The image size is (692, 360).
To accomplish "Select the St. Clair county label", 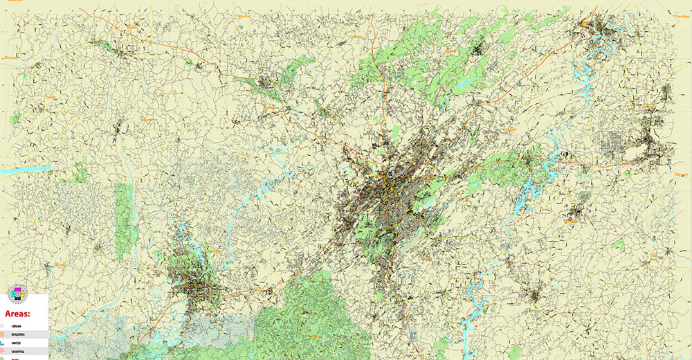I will click(x=511, y=129).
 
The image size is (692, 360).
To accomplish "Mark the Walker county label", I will click(x=268, y=107).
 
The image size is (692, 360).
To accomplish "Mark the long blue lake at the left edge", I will click(x=24, y=169).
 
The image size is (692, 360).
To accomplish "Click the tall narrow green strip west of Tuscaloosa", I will click(x=124, y=211).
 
